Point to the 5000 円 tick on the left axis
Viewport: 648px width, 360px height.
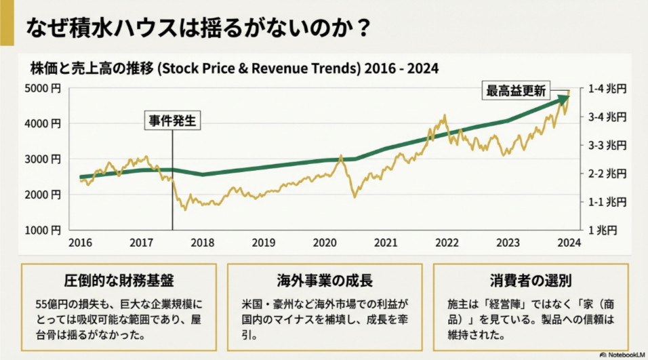click(x=43, y=88)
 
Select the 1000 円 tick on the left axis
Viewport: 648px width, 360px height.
click(x=43, y=230)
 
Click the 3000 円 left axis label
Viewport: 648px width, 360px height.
click(x=43, y=159)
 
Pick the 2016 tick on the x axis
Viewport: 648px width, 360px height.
click(x=80, y=243)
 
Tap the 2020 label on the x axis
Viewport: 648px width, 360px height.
click(x=325, y=243)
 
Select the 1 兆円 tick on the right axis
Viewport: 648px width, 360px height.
click(x=602, y=230)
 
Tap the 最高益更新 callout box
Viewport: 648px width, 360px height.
click(x=516, y=90)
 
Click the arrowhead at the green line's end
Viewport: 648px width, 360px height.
click(x=565, y=100)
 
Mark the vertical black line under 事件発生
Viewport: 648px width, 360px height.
click(x=173, y=183)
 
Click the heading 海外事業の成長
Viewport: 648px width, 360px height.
click(x=325, y=281)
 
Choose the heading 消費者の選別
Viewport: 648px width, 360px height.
click(x=530, y=281)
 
